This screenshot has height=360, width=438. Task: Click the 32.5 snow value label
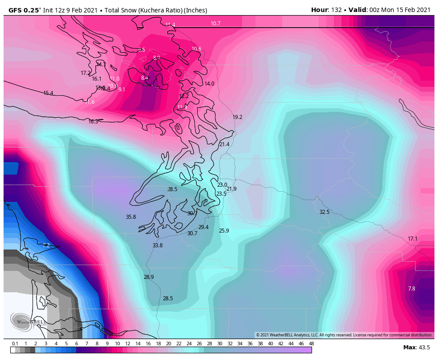pos(324,212)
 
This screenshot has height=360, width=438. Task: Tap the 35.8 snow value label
pos(131,217)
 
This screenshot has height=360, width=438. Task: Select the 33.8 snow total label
pos(158,245)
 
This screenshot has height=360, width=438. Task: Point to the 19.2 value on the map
pos(237,117)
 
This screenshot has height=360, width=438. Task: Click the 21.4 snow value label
pos(224,144)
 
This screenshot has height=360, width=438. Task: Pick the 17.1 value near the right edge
pos(413,239)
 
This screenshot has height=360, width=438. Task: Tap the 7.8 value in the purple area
pos(411,289)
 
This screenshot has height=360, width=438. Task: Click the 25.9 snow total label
pos(224,231)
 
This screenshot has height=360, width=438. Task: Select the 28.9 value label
pos(149,277)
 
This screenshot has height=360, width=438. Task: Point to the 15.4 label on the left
pos(48,93)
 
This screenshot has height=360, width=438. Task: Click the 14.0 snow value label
pos(209,84)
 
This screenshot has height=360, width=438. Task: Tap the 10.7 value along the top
pos(215,24)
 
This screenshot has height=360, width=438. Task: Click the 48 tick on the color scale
pos(311,344)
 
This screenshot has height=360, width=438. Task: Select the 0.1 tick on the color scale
pos(15,344)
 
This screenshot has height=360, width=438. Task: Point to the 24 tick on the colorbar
pos(189,344)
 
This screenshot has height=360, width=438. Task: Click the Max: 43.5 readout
pos(416,347)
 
